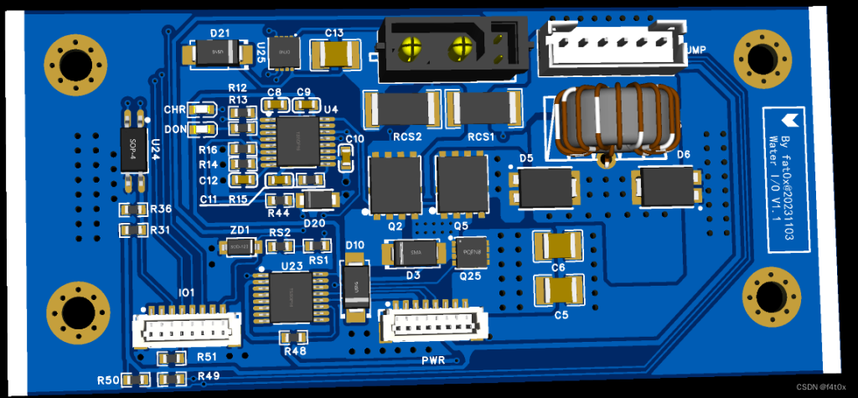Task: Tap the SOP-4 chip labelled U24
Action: pyautogui.click(x=132, y=150)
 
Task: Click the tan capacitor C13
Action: pyautogui.click(x=334, y=55)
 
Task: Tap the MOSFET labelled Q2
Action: pyautogui.click(x=394, y=183)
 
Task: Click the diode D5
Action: pyautogui.click(x=545, y=187)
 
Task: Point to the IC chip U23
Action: pyautogui.click(x=291, y=298)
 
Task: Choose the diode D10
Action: pyautogui.click(x=355, y=287)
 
